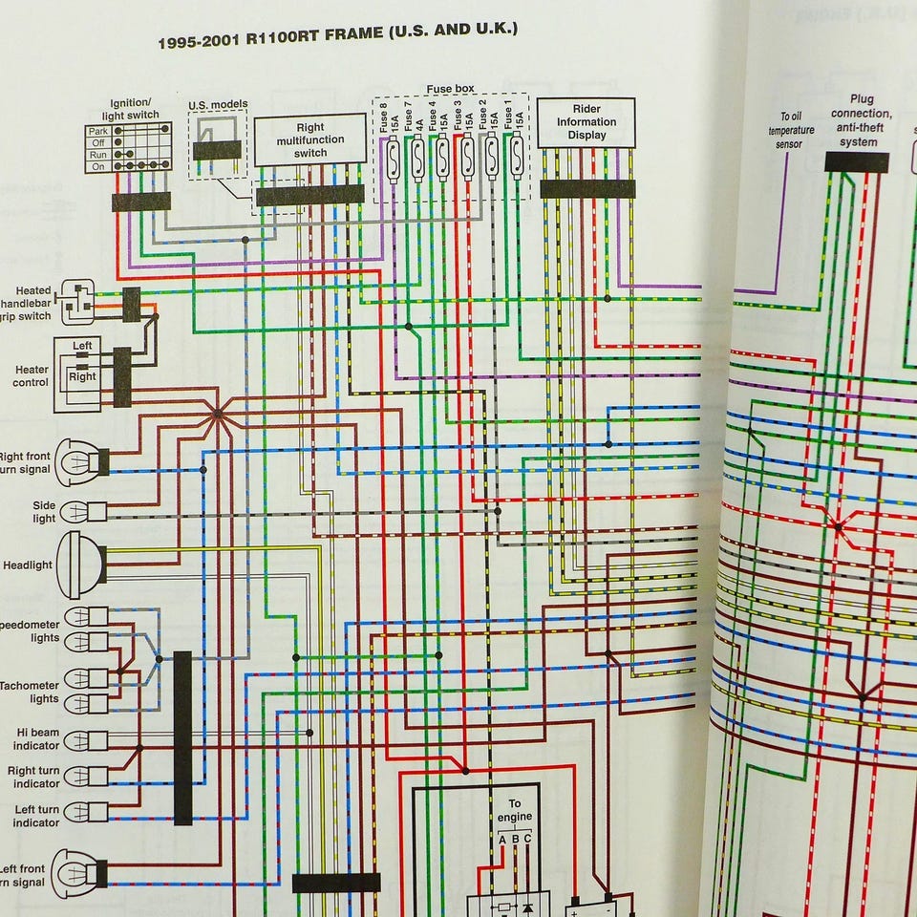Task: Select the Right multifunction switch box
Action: pos(310,140)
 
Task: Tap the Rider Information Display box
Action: pos(586,122)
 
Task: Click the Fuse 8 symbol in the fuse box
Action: pos(392,158)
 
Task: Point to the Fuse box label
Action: pos(450,89)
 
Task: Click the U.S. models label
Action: pos(218,105)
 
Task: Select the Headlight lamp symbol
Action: pos(81,565)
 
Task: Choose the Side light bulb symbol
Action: pos(76,513)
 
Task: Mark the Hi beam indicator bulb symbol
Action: pos(78,740)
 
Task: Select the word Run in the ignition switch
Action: pos(98,154)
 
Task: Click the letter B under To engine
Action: pos(515,840)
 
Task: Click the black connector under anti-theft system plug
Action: pos(856,162)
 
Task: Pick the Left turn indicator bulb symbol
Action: pos(78,813)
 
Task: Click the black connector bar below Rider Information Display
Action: pos(587,188)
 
